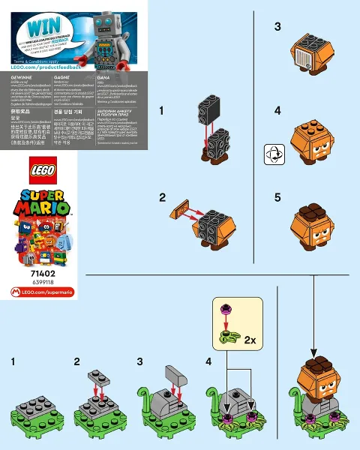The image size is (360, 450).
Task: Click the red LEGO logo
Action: (43, 172)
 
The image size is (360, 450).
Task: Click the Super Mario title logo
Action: (43, 203)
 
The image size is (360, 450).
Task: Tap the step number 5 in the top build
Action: (277, 198)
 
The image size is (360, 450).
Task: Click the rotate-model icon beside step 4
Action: (271, 155)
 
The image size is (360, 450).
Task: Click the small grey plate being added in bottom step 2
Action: (97, 373)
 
